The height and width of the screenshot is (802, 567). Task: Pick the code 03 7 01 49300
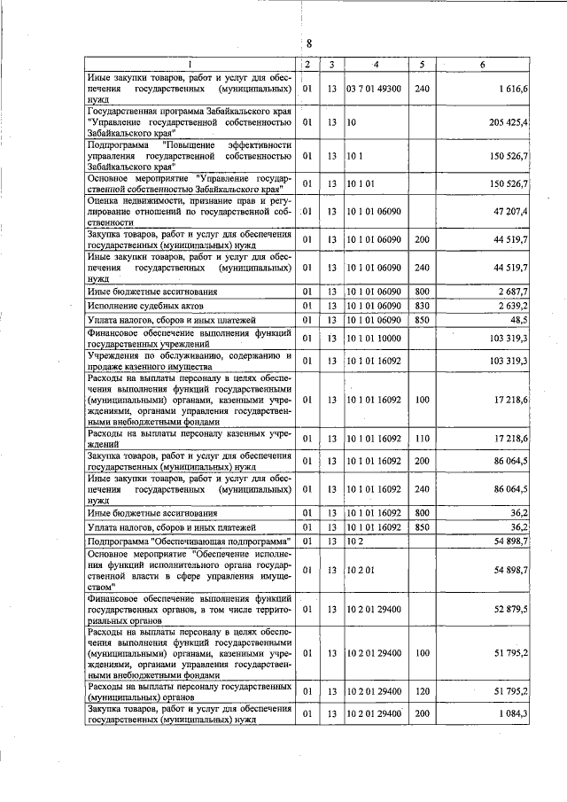click(376, 90)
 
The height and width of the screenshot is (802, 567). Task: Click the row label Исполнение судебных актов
click(139, 305)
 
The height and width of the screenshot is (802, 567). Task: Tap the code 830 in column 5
click(422, 305)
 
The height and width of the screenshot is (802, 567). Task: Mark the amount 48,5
click(518, 319)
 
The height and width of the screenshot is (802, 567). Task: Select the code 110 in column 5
click(422, 439)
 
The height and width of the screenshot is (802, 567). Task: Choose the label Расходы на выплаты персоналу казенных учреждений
click(190, 439)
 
